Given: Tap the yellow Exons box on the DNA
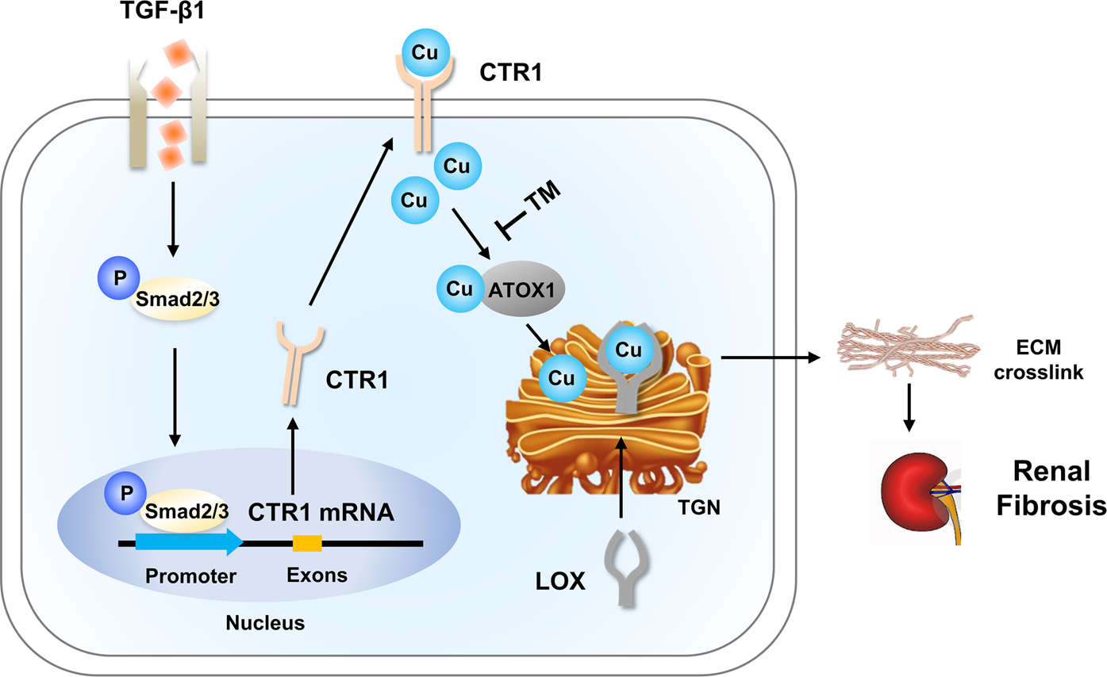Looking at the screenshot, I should [307, 543].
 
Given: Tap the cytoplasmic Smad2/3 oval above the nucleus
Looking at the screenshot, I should [172, 302].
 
